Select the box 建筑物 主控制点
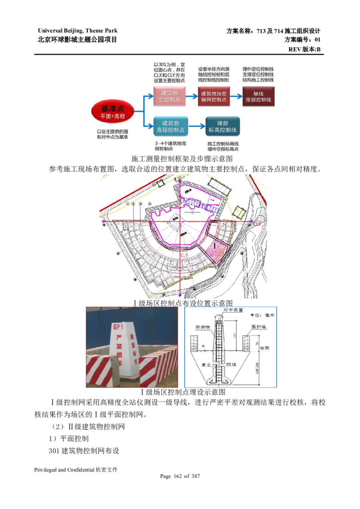coord(170,96)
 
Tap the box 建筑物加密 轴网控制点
coord(213,96)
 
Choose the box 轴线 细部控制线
coord(258,96)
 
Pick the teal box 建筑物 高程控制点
coord(171,126)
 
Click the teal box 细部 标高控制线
coord(223,126)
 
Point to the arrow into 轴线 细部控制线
coord(236,96)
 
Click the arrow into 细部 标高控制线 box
coord(197,127)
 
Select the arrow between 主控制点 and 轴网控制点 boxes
coord(191,96)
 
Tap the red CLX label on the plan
coord(257,223)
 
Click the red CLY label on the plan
coord(184,255)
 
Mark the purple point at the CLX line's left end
coord(104,221)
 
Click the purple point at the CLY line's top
coord(180,181)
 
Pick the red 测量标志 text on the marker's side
coord(133,348)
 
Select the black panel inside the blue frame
coord(230,347)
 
